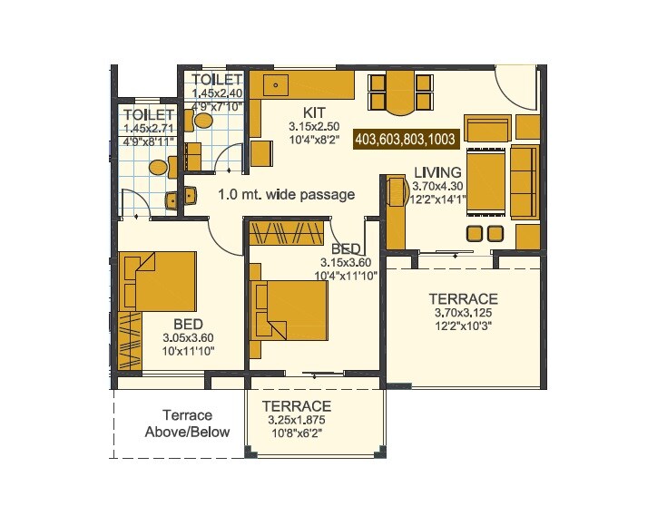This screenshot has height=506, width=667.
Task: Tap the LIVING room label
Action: point(437,172)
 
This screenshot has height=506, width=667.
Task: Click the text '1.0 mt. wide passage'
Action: point(286,194)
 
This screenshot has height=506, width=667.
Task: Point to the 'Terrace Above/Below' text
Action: point(188,423)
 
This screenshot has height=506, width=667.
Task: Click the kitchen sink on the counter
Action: point(277,85)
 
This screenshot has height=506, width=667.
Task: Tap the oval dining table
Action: point(399,92)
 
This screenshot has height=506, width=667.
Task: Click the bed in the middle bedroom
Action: point(290,308)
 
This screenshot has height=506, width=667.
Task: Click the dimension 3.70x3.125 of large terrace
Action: point(463,313)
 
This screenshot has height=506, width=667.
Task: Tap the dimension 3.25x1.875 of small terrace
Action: point(297,421)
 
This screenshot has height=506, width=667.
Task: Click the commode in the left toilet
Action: point(159,167)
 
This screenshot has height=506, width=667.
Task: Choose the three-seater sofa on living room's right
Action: point(523,180)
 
